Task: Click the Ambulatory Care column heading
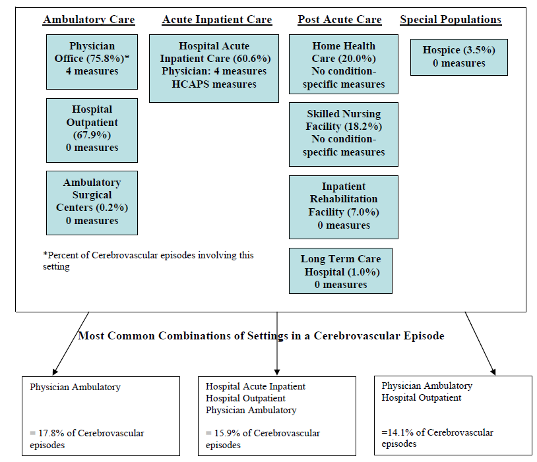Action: (x=88, y=20)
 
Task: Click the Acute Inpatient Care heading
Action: (x=216, y=20)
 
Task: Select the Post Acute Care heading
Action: (x=339, y=20)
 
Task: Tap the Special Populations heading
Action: (x=451, y=20)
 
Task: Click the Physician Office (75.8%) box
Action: (x=92, y=61)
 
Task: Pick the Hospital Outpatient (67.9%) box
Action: (x=92, y=129)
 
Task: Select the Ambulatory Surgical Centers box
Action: (x=92, y=202)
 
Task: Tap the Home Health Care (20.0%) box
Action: (x=343, y=65)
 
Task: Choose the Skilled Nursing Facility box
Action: (x=343, y=133)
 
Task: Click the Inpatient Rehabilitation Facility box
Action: (x=343, y=206)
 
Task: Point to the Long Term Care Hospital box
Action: (x=340, y=271)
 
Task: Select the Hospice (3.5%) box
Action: (x=458, y=57)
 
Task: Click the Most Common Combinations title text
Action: (x=261, y=335)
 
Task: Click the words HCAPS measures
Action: (x=214, y=84)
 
